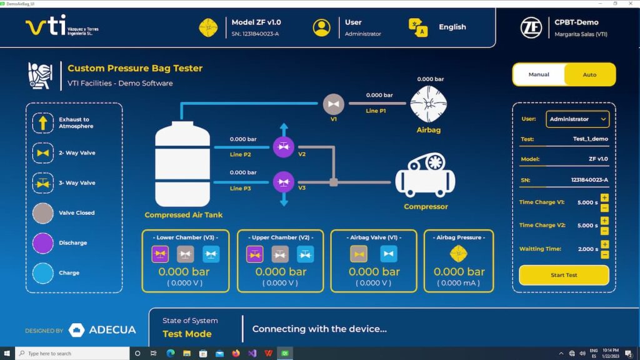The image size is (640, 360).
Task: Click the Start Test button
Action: click(x=564, y=275)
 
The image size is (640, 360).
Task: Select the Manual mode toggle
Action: click(x=539, y=74)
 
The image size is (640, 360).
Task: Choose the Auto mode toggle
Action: click(x=589, y=74)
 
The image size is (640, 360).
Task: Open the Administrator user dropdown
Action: click(x=577, y=119)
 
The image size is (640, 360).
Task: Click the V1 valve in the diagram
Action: click(x=334, y=104)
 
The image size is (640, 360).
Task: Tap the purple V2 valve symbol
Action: click(x=284, y=147)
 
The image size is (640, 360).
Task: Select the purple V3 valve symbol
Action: click(x=284, y=182)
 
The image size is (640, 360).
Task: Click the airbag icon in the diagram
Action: click(x=428, y=104)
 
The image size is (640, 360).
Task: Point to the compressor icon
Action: click(x=425, y=176)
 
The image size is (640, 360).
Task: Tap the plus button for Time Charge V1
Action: click(x=604, y=198)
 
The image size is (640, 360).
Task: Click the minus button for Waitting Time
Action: click(x=604, y=254)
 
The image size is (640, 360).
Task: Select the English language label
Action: click(x=452, y=27)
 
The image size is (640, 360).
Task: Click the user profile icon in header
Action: click(x=322, y=27)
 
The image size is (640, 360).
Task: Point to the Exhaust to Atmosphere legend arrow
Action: click(x=43, y=122)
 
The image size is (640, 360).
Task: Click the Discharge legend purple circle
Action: click(x=43, y=242)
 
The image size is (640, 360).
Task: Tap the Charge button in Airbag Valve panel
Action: click(x=389, y=254)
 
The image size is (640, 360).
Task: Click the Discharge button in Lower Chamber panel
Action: click(x=160, y=254)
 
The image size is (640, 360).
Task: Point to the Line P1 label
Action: click(x=376, y=111)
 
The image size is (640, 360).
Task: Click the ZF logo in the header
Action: click(x=531, y=27)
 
